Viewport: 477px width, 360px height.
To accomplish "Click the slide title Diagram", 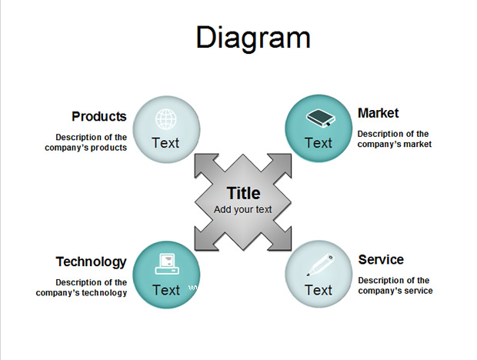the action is tap(253, 38).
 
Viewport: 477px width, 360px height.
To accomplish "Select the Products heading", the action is tap(99, 116).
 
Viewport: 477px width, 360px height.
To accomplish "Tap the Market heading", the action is tap(378, 113).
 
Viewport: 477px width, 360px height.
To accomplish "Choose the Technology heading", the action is tap(92, 262).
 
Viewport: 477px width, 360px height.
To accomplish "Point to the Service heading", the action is tap(381, 260).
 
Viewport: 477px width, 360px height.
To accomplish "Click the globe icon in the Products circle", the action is tap(166, 119).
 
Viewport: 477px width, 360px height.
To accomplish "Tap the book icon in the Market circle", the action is tap(320, 118).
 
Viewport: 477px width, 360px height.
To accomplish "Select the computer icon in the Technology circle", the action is tap(167, 264).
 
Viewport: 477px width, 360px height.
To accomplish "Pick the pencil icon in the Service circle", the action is tap(320, 265).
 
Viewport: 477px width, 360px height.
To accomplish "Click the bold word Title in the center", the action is tap(243, 193).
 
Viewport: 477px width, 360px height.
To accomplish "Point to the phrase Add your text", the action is tap(243, 210).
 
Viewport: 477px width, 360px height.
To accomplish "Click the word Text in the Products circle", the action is tap(165, 143).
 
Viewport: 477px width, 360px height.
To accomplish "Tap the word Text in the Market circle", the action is tap(319, 143).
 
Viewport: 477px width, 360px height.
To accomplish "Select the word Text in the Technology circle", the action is tap(166, 290).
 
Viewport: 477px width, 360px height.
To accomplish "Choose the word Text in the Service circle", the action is tap(319, 290).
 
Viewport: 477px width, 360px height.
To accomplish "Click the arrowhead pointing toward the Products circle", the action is tap(205, 164).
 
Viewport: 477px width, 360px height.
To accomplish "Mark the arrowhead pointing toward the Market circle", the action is tap(282, 164).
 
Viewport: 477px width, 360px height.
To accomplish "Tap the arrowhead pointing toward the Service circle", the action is tap(282, 241).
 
